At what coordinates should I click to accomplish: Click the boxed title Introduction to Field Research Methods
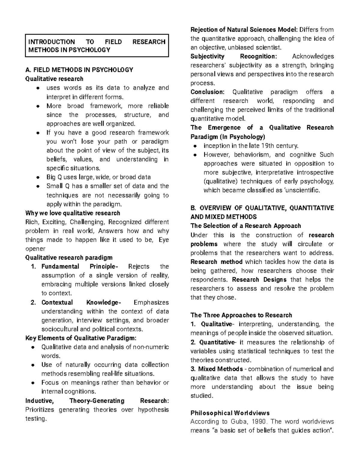(x=97, y=46)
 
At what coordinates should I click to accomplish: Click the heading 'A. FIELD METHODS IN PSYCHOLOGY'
(x=79, y=70)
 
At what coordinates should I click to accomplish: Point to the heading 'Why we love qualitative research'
(x=73, y=213)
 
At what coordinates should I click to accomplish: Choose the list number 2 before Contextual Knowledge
(x=34, y=302)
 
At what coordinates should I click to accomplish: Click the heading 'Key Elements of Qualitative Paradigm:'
(x=81, y=338)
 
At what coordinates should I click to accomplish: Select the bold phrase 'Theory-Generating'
(x=97, y=401)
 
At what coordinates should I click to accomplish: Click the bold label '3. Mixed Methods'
(x=217, y=369)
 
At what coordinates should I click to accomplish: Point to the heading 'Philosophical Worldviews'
(x=230, y=413)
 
